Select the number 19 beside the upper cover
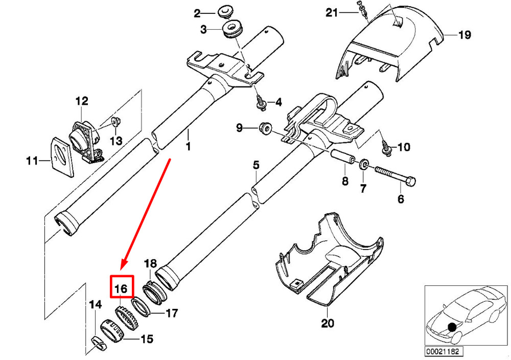464,35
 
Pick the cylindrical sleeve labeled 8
343,159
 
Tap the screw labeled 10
386,147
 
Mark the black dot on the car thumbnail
451,327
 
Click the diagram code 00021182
444,352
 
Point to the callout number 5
256,165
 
